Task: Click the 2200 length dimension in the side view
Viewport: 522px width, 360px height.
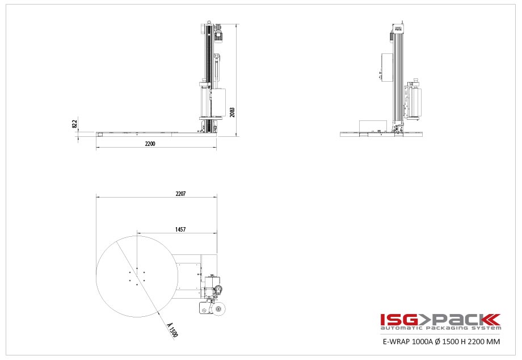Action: [x=150, y=144]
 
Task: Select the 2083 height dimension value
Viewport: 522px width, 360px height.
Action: [x=232, y=111]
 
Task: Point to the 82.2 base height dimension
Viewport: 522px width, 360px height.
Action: [x=75, y=124]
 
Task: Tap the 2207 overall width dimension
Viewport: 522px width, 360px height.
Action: [x=180, y=194]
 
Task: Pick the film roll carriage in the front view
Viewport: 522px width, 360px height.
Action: [x=413, y=102]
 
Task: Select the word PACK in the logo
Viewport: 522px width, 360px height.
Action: [x=465, y=319]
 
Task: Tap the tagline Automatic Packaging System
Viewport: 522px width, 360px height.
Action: [x=440, y=328]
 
